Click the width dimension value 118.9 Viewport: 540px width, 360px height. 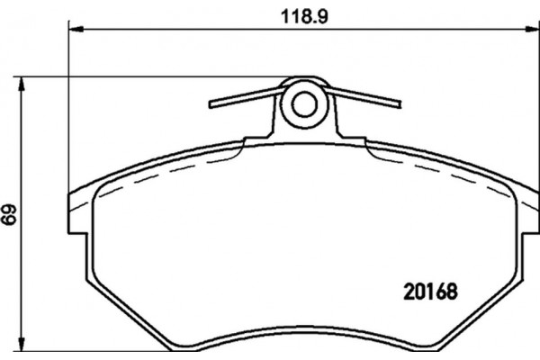[304, 16]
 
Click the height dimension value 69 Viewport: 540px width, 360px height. [9, 214]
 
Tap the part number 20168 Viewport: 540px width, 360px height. [430, 292]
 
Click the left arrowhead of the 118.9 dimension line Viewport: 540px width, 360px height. [76, 30]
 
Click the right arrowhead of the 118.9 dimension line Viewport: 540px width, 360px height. [533, 30]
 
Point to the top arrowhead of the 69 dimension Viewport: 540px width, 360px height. [22, 84]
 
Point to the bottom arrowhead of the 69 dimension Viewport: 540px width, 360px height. [22, 344]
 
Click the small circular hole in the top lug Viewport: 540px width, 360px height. [304, 104]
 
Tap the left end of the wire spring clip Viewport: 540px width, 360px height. [211, 104]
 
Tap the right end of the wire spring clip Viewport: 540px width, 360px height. [399, 104]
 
